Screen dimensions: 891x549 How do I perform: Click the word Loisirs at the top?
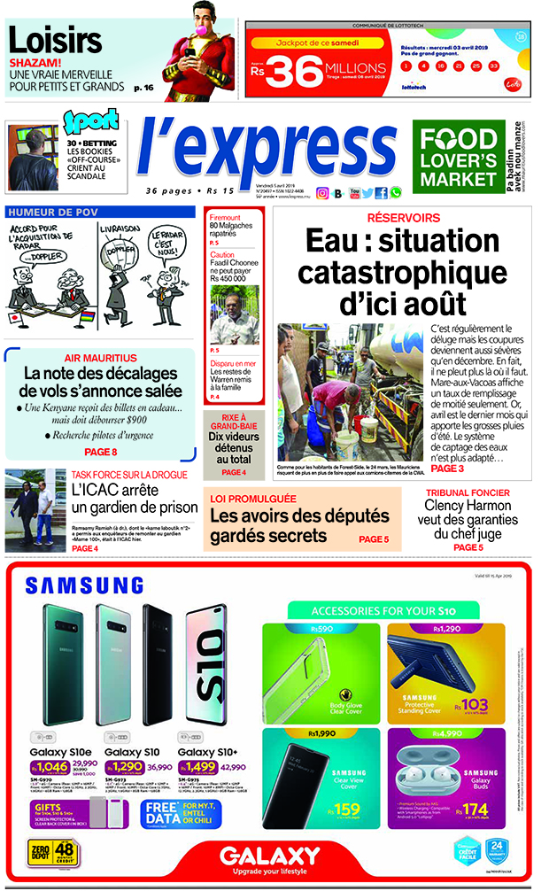click(55, 41)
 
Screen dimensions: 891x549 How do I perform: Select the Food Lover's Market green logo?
click(458, 158)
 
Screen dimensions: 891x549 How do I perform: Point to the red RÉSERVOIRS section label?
click(404, 218)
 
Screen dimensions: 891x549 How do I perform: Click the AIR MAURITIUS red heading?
click(100, 357)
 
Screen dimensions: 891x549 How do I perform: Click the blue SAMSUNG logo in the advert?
click(84, 585)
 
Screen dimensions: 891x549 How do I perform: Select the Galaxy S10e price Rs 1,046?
click(52, 766)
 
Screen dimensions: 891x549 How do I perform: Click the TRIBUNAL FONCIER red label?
click(467, 492)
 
